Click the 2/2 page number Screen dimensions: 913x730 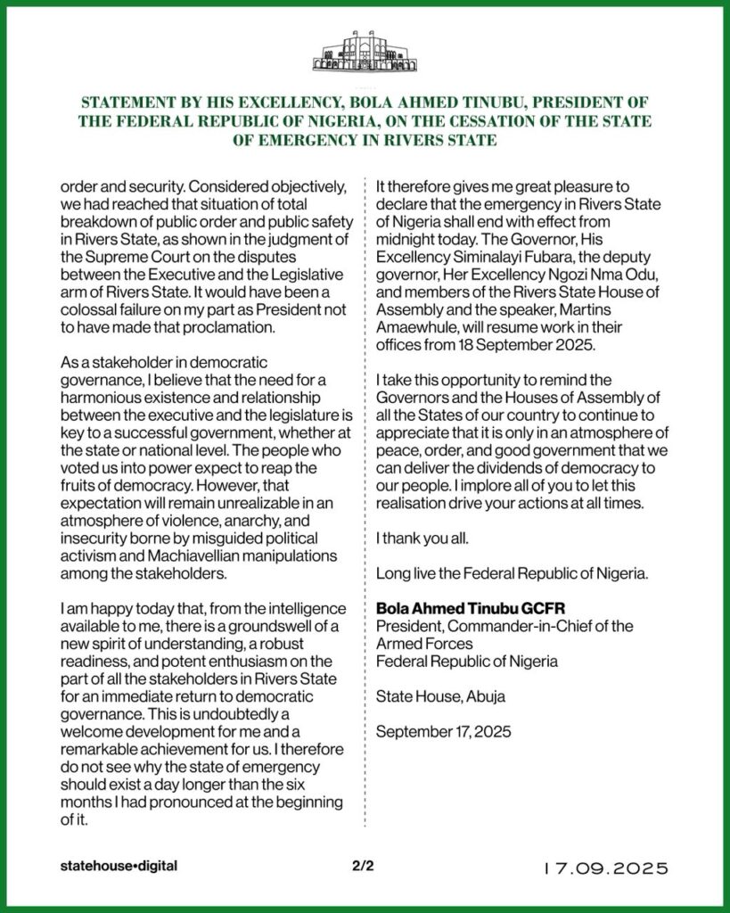pos(364,866)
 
